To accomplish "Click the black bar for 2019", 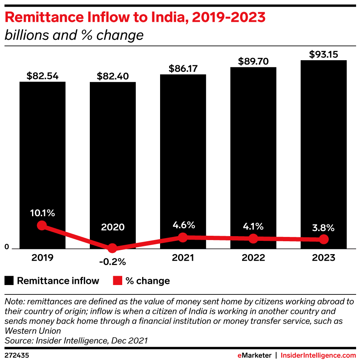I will pos(42,156).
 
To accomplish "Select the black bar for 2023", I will pos(324,149).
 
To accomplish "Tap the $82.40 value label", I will pos(113,76).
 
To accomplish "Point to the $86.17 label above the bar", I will pos(183,68).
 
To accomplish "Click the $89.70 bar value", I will pos(253,61).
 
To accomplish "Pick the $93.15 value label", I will pos(324,54).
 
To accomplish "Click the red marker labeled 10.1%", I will pos(42,226).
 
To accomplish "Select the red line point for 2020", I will pos(112,248).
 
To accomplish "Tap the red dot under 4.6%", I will pos(183,237).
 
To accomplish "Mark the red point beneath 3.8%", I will pos(323,239).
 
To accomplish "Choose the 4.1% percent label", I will pos(253,226).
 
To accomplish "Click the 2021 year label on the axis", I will pos(183,258).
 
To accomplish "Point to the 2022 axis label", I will pos(253,258).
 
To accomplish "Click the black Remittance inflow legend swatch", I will pos(9,281).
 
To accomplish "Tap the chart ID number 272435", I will pos(17,355).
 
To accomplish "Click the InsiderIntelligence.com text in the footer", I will pos(318,355).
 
